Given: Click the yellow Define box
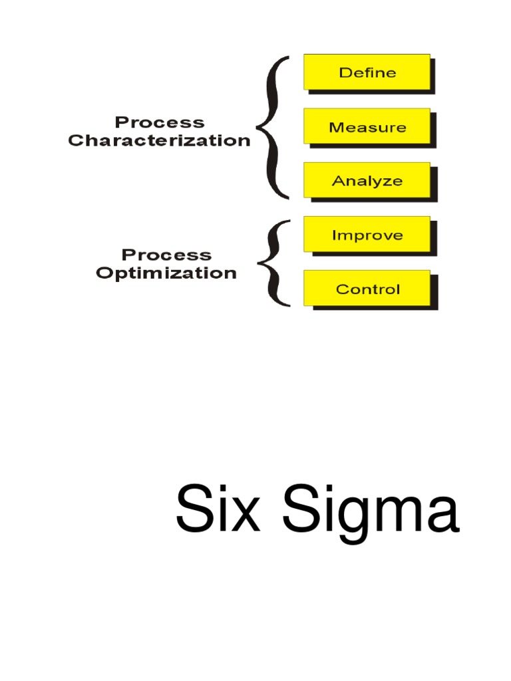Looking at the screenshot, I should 367,72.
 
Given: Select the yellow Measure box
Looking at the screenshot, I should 367,126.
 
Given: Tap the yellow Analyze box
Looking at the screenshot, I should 367,180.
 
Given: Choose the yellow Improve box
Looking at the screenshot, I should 367,235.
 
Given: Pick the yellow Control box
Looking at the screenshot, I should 367,289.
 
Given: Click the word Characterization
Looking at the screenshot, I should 160,141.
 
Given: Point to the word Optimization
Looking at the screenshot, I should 166,273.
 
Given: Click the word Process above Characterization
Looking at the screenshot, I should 160,122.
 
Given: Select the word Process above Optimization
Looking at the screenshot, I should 166,255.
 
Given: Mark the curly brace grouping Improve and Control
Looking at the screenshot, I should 272,263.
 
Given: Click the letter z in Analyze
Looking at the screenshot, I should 389,182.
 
